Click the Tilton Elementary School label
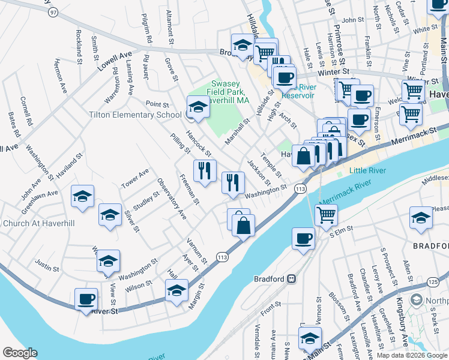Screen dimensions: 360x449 tap(135, 115)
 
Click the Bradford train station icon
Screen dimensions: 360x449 tap(292, 278)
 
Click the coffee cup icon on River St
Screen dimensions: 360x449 tap(86, 299)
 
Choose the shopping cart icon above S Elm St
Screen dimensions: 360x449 tap(326, 214)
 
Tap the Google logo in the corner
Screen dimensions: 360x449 tap(20, 353)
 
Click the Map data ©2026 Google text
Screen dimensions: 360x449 tap(411, 355)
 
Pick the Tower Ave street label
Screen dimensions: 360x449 tap(135, 178)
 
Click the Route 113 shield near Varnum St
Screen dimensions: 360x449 tap(222, 257)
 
